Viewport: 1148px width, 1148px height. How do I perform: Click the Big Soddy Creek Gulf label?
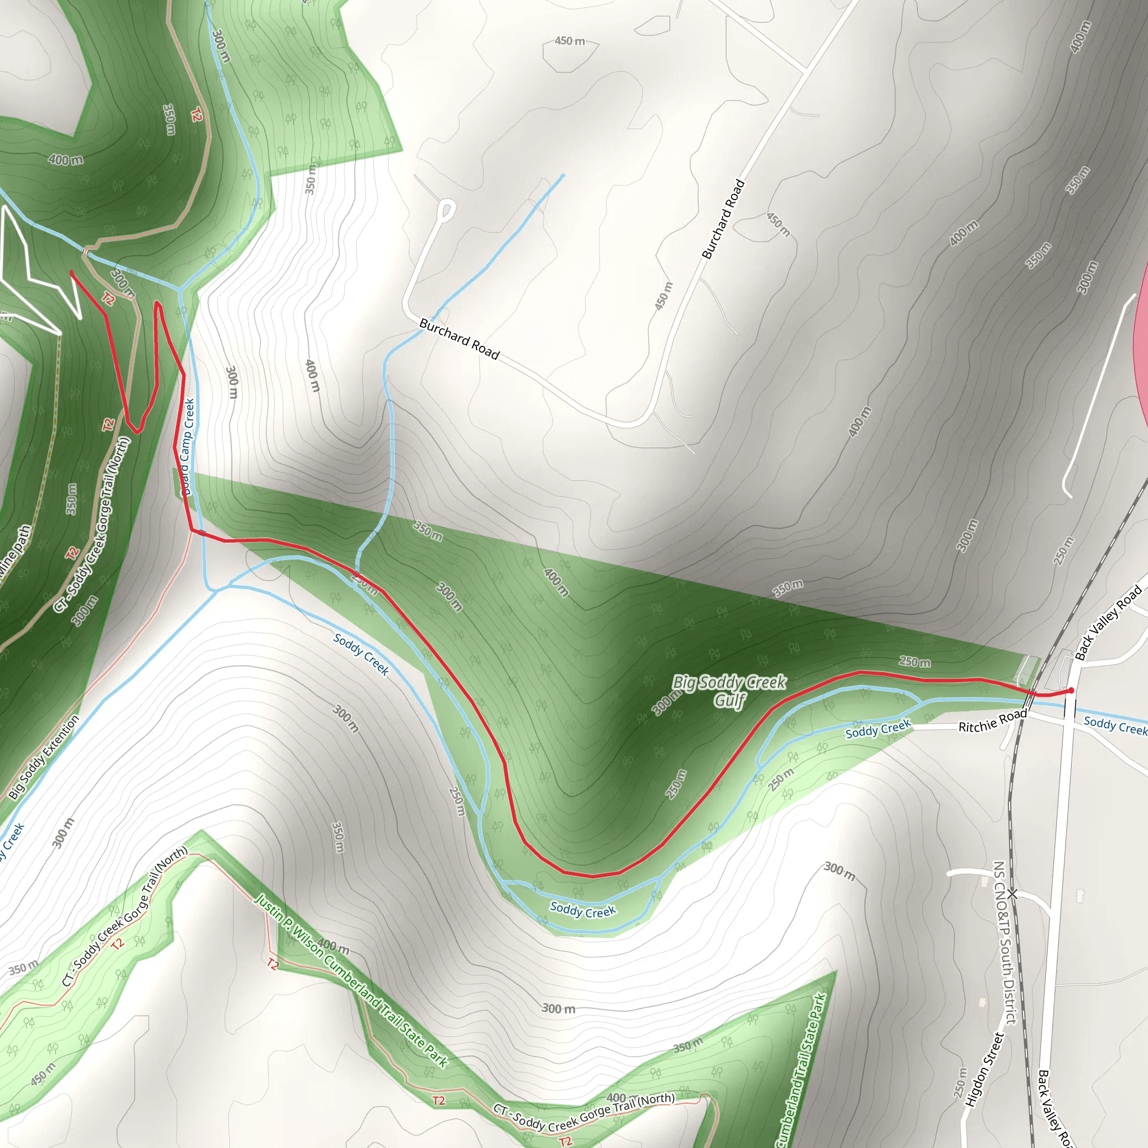pos(729,691)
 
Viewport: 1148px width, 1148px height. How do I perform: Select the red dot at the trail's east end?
pos(1071,691)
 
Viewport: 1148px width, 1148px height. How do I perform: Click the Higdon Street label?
pos(983,1070)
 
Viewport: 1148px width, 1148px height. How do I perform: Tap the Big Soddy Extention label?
pos(44,757)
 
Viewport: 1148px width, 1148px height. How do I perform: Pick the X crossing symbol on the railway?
pos(1012,894)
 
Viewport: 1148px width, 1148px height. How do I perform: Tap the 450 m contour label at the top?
pos(570,41)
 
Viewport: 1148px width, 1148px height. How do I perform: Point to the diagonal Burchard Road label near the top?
pos(723,219)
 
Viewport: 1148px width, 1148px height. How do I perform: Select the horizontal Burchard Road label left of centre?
pos(459,339)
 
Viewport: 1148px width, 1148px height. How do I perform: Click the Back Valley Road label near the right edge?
pos(1108,622)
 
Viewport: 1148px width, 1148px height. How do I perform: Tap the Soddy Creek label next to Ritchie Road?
pos(878,729)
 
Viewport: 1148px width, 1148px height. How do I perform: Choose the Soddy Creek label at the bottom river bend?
pos(582,910)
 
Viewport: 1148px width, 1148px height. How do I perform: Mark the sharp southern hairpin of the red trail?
pos(137,431)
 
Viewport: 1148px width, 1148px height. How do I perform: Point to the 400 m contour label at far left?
pos(66,159)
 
